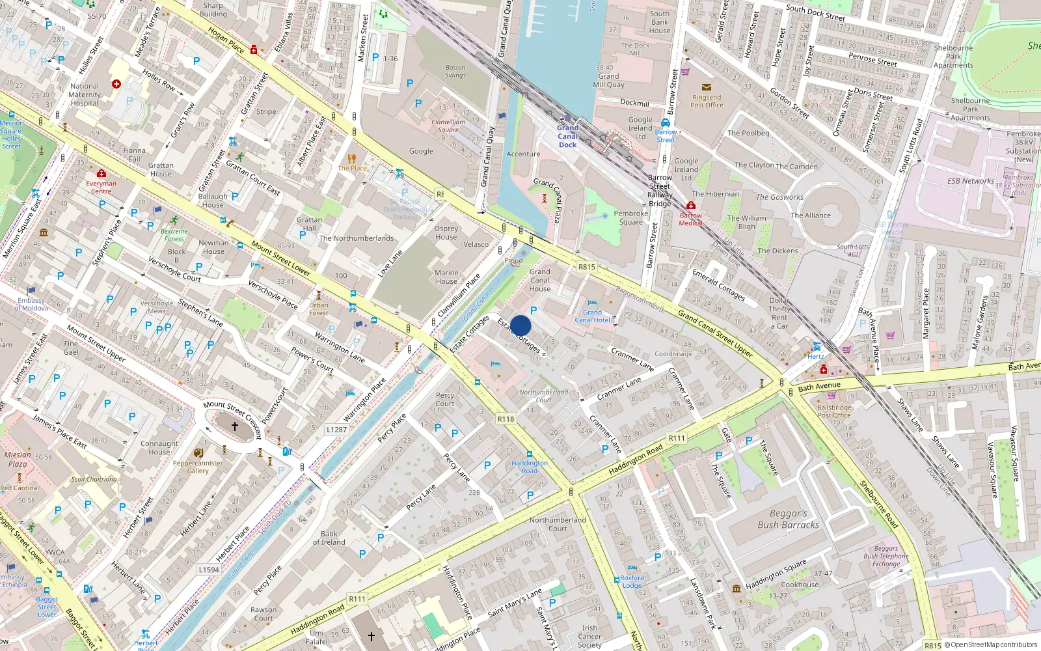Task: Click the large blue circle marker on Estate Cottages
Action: point(520,325)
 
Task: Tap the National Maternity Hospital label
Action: point(85,94)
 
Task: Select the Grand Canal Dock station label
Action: point(567,136)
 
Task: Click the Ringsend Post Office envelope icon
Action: point(707,87)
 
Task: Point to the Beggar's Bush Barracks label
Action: point(788,519)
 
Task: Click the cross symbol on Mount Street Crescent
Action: point(235,426)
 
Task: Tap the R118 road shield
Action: point(506,419)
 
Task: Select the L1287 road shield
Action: point(336,430)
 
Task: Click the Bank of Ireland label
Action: point(329,538)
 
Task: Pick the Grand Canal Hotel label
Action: point(592,316)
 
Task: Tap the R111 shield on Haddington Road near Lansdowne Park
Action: point(677,438)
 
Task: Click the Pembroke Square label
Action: point(630,217)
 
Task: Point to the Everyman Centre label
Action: point(101,187)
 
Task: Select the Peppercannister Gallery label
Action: point(198,467)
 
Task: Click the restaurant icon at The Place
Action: point(352,158)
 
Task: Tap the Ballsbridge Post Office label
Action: point(833,411)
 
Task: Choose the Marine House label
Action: point(446,277)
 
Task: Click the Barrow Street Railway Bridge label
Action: point(660,190)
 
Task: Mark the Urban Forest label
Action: point(319,309)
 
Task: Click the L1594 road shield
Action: point(208,570)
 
